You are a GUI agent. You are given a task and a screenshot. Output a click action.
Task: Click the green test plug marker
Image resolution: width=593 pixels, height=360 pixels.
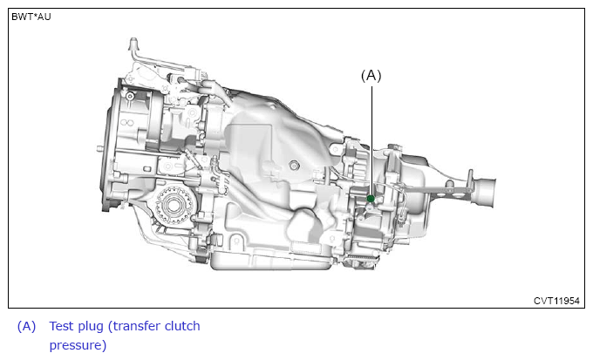371,199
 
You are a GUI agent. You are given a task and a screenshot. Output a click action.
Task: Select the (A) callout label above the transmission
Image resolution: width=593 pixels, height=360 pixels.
371,76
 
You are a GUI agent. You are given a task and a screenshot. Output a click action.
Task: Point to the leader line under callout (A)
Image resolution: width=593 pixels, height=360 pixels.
371,140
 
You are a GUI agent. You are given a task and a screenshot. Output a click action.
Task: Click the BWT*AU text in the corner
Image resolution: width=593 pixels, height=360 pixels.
31,17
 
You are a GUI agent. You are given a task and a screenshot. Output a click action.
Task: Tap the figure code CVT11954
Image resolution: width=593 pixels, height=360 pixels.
556,301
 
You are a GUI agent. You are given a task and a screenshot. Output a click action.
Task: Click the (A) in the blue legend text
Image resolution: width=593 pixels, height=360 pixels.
26,326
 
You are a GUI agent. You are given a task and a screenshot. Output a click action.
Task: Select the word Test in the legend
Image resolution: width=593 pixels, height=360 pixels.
63,326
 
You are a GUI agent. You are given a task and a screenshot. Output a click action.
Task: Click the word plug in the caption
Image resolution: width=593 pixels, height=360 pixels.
92,327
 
